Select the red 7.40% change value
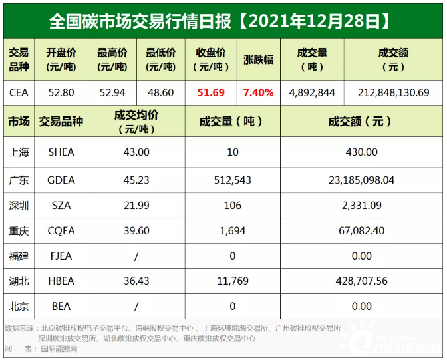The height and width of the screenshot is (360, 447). point(259,92)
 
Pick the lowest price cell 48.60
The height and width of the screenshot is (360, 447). point(160,92)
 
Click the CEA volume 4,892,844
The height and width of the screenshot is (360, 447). point(312,92)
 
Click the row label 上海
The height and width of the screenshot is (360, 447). point(19,152)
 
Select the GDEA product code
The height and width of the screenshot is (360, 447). point(61,180)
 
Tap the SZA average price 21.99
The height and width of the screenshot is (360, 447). point(136,206)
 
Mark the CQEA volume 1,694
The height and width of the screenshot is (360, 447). point(233,231)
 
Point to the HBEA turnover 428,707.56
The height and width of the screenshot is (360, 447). point(362,281)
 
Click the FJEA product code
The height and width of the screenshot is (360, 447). point(61,256)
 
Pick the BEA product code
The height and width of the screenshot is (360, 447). point(61,306)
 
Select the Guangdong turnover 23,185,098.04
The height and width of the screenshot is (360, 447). point(362,180)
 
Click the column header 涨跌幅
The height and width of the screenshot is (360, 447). point(259,59)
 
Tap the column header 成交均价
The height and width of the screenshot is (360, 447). point(136,122)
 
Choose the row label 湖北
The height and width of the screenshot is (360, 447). point(19,281)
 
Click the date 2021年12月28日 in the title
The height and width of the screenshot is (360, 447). point(313,22)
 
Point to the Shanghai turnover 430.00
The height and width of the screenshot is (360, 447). point(362,152)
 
